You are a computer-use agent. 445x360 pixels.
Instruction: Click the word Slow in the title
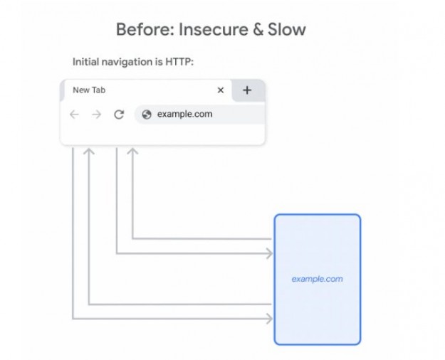point(288,30)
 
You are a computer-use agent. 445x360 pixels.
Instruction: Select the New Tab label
point(90,90)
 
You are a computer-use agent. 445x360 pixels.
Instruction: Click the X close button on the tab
point(221,90)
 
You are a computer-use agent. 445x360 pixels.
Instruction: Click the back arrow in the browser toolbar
point(75,114)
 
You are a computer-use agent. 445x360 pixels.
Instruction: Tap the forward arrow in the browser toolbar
point(97,114)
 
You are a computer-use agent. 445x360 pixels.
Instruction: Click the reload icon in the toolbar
point(119,114)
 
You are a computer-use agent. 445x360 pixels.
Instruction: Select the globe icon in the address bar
point(147,114)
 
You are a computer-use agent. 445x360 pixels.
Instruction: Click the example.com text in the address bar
point(184,114)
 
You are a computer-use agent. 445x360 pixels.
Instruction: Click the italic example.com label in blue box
point(317,279)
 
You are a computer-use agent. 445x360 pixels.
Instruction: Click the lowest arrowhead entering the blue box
point(269,318)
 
